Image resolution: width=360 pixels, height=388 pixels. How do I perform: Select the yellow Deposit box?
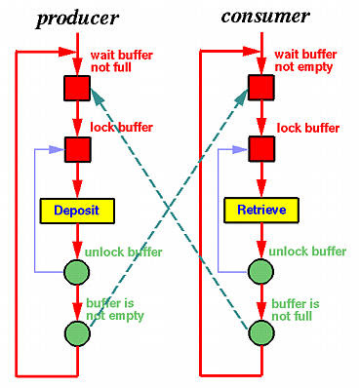[x=77, y=209]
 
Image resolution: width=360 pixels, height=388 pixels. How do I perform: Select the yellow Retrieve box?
[x=260, y=209]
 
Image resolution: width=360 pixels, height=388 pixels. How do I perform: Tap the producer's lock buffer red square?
[x=77, y=149]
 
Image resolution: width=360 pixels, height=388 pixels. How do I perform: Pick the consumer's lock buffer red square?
[x=260, y=149]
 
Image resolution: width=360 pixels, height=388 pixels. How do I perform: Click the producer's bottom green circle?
[x=77, y=332]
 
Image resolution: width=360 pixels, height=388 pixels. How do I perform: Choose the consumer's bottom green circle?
[x=260, y=332]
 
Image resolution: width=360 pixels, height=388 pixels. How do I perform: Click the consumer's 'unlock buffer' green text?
[x=308, y=251]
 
